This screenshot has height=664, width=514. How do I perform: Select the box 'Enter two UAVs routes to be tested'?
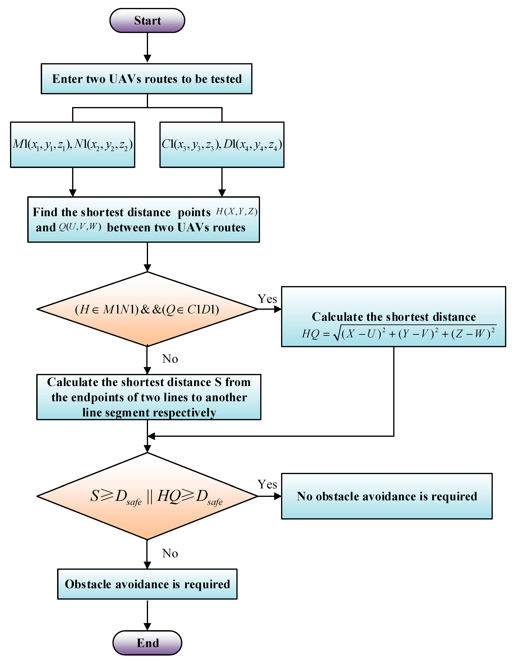pos(146,79)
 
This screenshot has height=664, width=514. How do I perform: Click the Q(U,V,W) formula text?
pos(80,227)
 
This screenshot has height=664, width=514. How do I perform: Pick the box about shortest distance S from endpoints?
pos(149,397)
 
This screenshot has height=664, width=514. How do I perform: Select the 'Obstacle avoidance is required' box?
pos(147,584)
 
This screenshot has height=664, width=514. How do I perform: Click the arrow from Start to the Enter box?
pos(147,47)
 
